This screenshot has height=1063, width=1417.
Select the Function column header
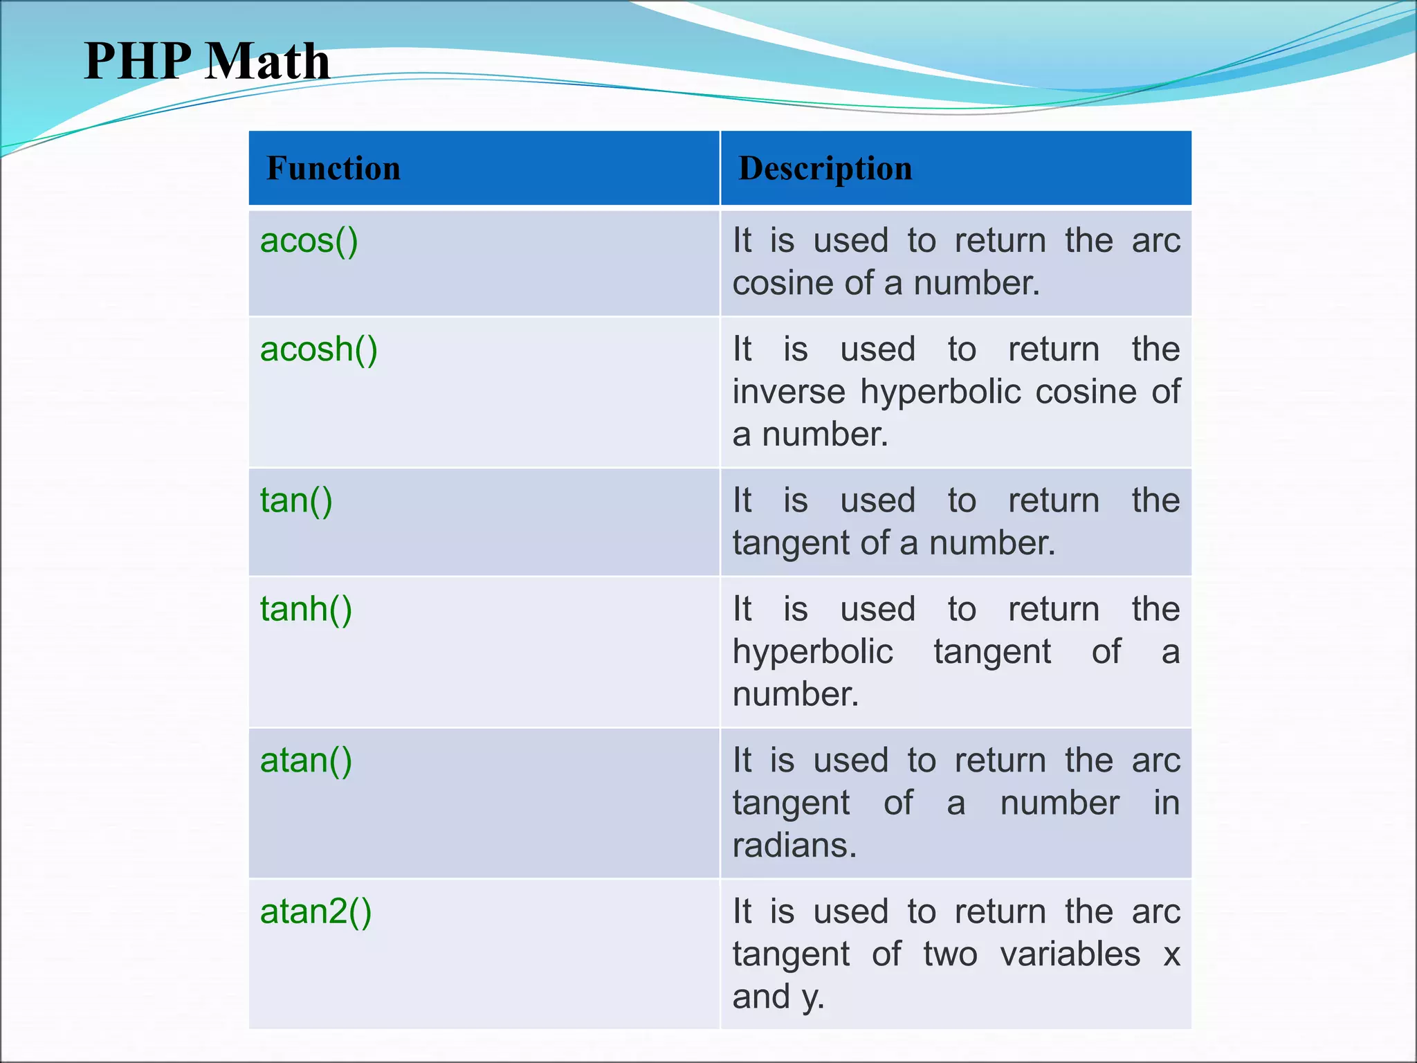[x=333, y=168]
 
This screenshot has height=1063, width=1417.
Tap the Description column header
[x=825, y=168]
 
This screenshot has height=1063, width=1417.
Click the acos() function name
[x=309, y=241]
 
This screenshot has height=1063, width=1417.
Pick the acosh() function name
[x=318, y=349]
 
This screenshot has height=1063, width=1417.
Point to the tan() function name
[x=296, y=500]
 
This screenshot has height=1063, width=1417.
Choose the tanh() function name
[x=306, y=609]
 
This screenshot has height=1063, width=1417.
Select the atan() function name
[x=306, y=760]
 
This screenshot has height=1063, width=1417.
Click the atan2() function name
[x=316, y=911]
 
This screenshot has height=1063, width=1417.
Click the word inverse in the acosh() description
[x=789, y=392]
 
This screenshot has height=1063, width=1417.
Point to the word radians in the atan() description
[x=794, y=846]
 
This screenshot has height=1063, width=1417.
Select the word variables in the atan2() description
[x=1070, y=954]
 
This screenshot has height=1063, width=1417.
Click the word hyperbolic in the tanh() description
[x=812, y=652]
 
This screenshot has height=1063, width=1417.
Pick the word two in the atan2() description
[x=950, y=954]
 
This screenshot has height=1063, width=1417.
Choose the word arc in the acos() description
[x=1155, y=241]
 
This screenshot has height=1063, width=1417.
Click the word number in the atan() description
[x=1059, y=803]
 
